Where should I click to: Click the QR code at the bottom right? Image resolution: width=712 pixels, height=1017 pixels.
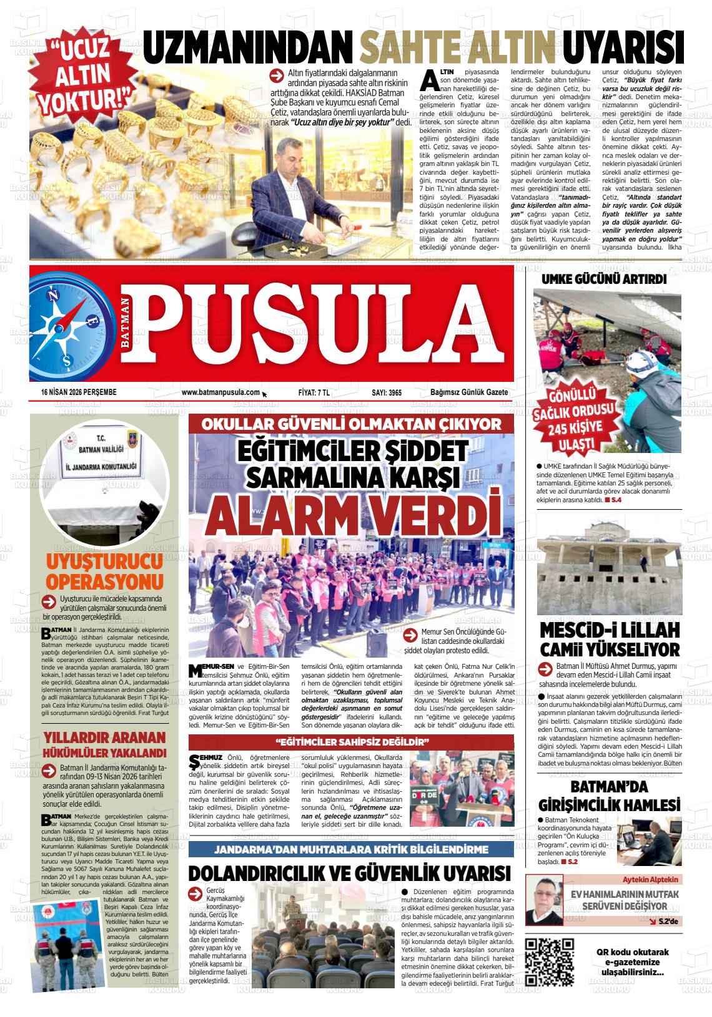point(550,962)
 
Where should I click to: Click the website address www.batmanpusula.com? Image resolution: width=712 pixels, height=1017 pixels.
point(220,392)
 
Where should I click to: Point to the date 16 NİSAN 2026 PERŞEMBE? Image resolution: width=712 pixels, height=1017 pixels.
point(79,392)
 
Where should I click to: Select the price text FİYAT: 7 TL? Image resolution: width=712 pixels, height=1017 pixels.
point(314,392)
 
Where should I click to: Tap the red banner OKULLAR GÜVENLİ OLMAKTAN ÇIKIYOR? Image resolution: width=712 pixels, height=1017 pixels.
point(351,424)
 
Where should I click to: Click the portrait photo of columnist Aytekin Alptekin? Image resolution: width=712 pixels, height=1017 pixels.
point(546,899)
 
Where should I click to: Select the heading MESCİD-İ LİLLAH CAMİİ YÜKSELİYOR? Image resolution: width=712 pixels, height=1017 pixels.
point(610,639)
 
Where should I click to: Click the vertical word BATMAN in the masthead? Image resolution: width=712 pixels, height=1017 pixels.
point(125,324)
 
